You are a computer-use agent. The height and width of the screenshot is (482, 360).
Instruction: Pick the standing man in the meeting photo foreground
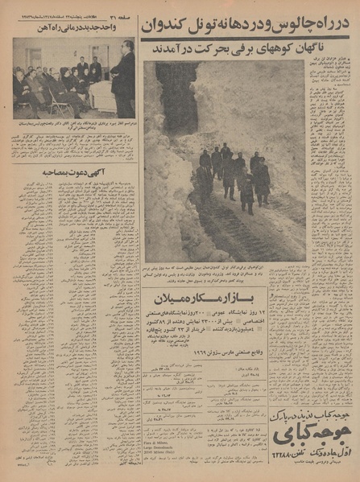point(123,80)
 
